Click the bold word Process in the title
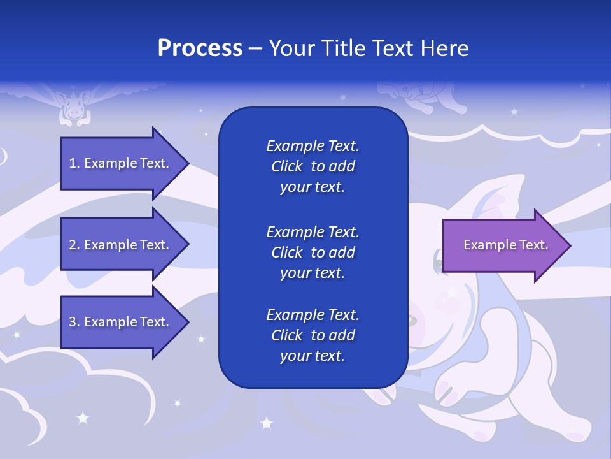click(x=200, y=48)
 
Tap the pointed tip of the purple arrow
click(x=568, y=245)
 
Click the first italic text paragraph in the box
click(x=313, y=166)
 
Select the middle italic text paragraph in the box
click(x=313, y=252)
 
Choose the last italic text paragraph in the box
click(x=313, y=335)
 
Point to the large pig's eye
click(x=440, y=259)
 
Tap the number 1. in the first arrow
click(x=74, y=164)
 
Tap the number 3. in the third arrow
click(x=74, y=322)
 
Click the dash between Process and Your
click(x=255, y=49)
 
